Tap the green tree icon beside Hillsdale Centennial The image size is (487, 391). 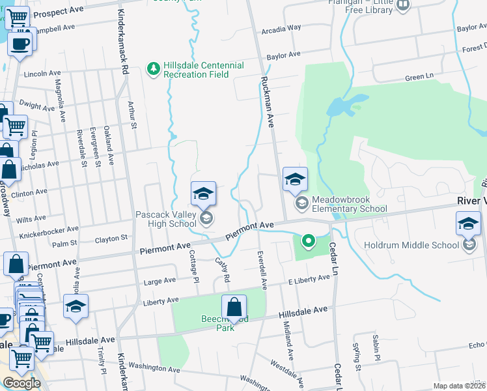click(154, 68)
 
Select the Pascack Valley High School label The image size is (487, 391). click(165, 219)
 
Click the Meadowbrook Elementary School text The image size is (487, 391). click(340, 204)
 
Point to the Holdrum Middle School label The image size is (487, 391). click(418, 245)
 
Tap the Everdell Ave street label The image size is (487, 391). click(262, 269)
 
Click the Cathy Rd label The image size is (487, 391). click(223, 269)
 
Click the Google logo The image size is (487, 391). click(21, 383)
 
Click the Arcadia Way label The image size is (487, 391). click(281, 29)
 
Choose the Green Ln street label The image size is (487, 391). click(419, 78)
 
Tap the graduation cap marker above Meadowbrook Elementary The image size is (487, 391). click(295, 179)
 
